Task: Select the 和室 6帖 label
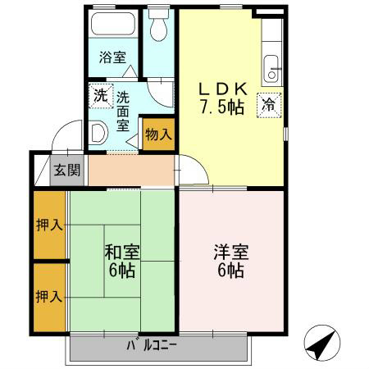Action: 120,260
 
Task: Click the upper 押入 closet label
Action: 48,225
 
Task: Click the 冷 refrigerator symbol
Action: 268,104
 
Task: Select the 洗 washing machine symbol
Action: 100,94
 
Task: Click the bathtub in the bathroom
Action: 113,25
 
